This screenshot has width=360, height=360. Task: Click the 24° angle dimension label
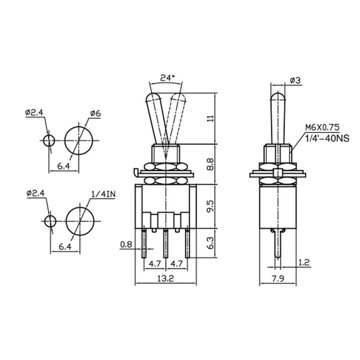point(168,78)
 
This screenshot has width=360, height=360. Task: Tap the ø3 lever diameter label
point(295,81)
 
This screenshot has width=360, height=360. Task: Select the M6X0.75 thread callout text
point(322,127)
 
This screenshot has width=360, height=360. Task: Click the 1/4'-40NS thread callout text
point(327,138)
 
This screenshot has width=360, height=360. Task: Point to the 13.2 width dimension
point(166,278)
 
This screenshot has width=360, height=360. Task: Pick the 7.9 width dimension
point(278,279)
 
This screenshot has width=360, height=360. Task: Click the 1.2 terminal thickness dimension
point(304,262)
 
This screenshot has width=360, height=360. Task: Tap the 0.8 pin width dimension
point(126,245)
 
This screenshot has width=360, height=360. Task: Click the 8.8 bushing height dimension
point(210,164)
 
